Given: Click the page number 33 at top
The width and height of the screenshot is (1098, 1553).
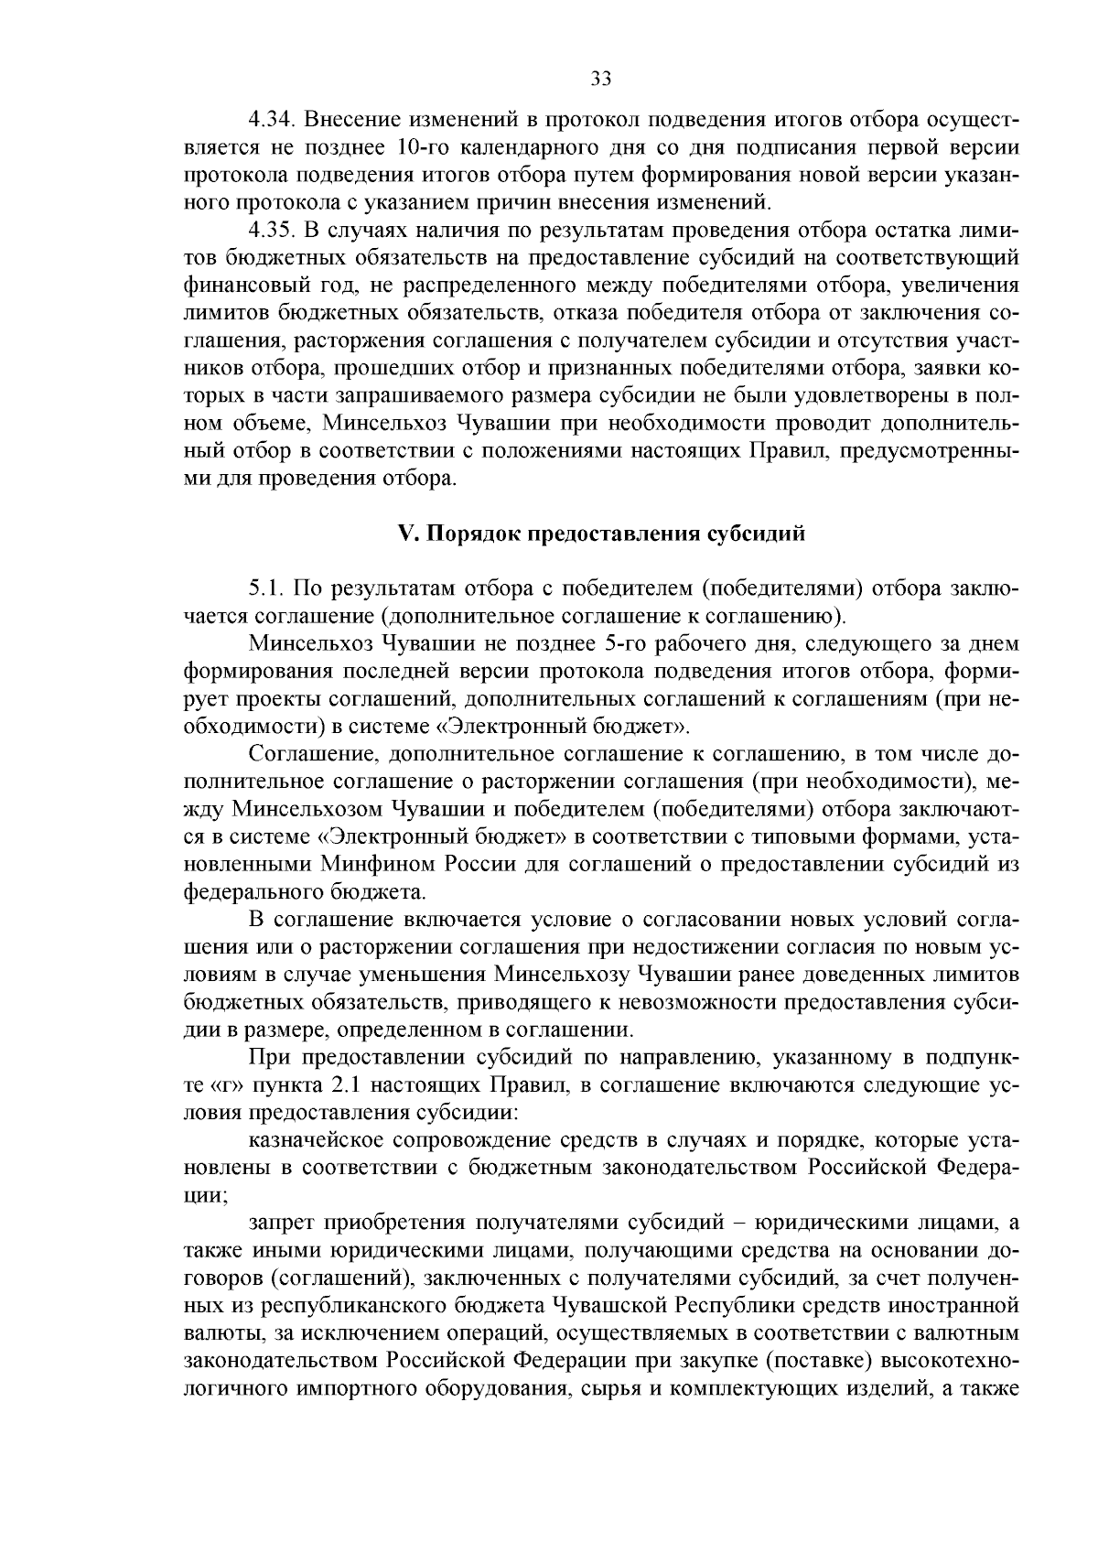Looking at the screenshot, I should [600, 80].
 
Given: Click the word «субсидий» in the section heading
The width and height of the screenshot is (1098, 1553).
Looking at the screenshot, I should [759, 534].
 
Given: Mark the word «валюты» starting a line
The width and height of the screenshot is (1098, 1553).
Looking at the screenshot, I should [217, 1333].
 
